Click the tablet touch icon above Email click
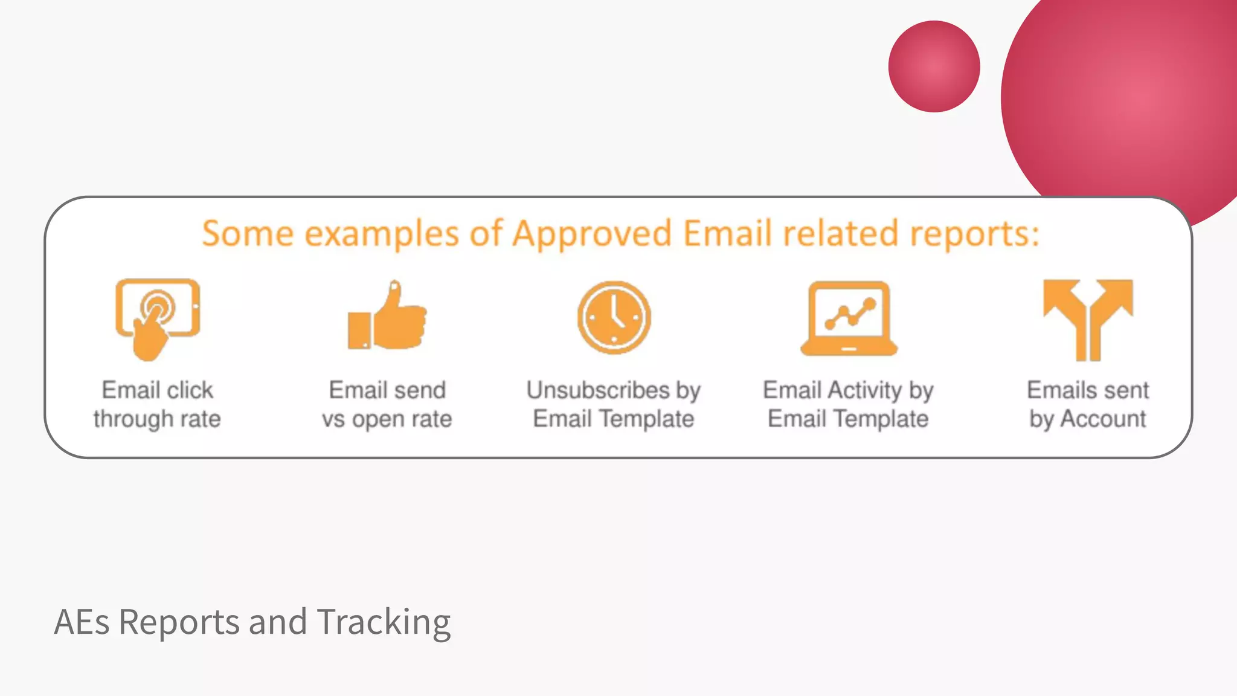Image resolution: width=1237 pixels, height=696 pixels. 158,318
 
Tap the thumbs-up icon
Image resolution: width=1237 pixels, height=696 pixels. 387,317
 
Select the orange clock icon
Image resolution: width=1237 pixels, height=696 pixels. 614,317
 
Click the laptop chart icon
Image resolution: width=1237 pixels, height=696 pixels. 849,318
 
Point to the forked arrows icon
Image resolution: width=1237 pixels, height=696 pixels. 1088,318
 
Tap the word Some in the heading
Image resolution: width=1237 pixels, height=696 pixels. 248,234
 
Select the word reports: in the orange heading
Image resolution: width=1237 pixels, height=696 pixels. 974,234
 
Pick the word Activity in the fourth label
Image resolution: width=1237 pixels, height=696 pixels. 864,390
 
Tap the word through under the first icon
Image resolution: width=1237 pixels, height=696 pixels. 133,419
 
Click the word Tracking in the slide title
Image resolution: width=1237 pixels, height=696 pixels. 384,622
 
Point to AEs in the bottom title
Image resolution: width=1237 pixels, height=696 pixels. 82,622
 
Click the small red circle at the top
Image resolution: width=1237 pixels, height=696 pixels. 934,66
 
